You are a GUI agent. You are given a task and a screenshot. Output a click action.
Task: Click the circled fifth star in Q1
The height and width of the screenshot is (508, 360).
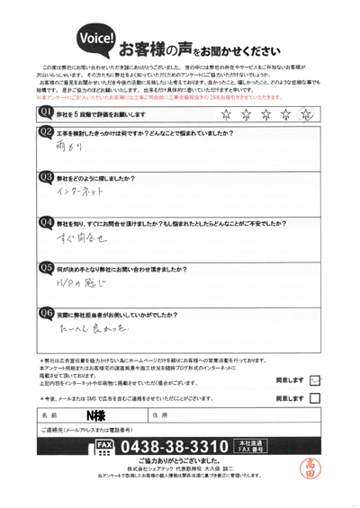tap(305, 113)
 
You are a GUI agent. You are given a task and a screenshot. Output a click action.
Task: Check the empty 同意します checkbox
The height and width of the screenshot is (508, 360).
tap(313, 398)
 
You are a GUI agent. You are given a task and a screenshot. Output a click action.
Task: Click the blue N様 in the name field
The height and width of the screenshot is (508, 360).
tap(95, 415)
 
